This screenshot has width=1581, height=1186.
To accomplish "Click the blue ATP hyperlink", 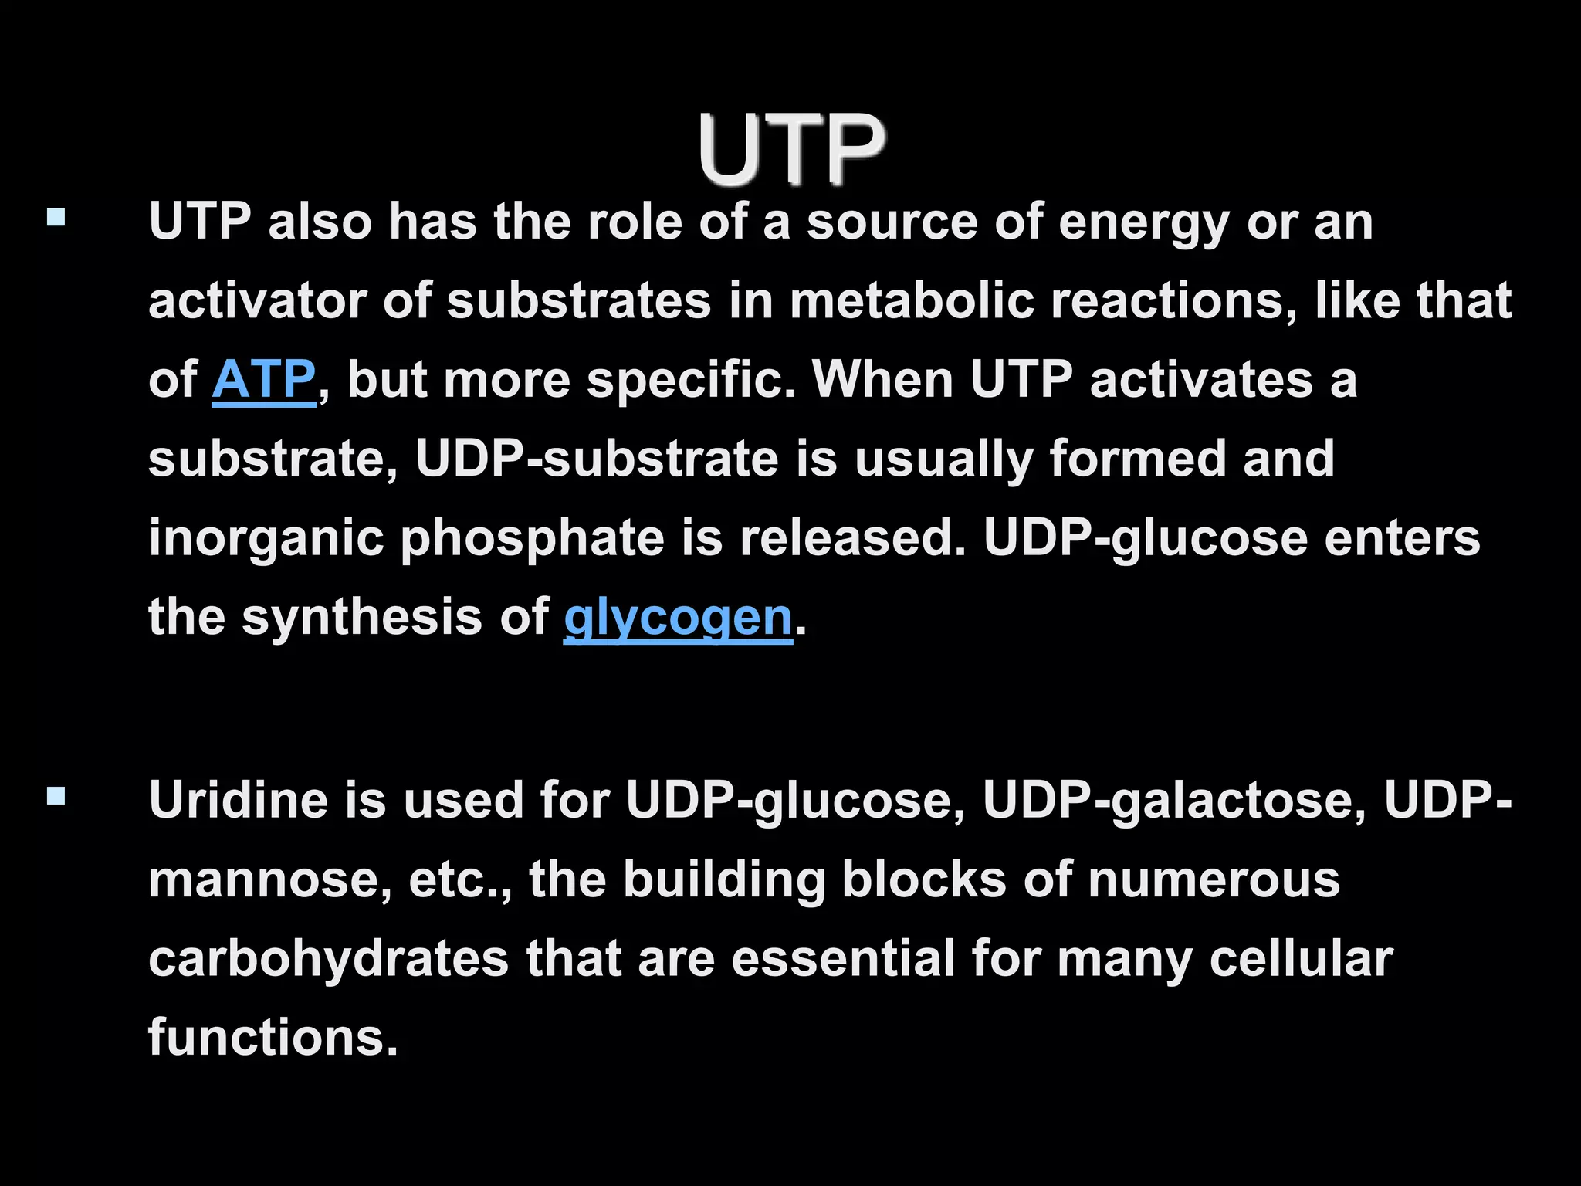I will coord(263,380).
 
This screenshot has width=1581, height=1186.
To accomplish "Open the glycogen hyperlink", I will coord(678,618).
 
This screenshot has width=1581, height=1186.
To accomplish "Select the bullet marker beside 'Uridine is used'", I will coord(56,795).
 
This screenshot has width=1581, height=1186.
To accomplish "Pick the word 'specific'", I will coord(690,381).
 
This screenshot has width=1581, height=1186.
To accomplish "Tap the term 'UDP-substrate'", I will coord(596,459).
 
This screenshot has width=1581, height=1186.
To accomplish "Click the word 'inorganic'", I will coord(266,539).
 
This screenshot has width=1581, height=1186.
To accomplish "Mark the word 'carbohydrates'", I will coord(328,959).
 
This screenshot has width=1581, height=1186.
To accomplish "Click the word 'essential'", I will coord(843,959).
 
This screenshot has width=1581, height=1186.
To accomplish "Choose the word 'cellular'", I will coord(1302,959).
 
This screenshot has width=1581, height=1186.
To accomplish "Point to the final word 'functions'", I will coord(272,1038).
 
